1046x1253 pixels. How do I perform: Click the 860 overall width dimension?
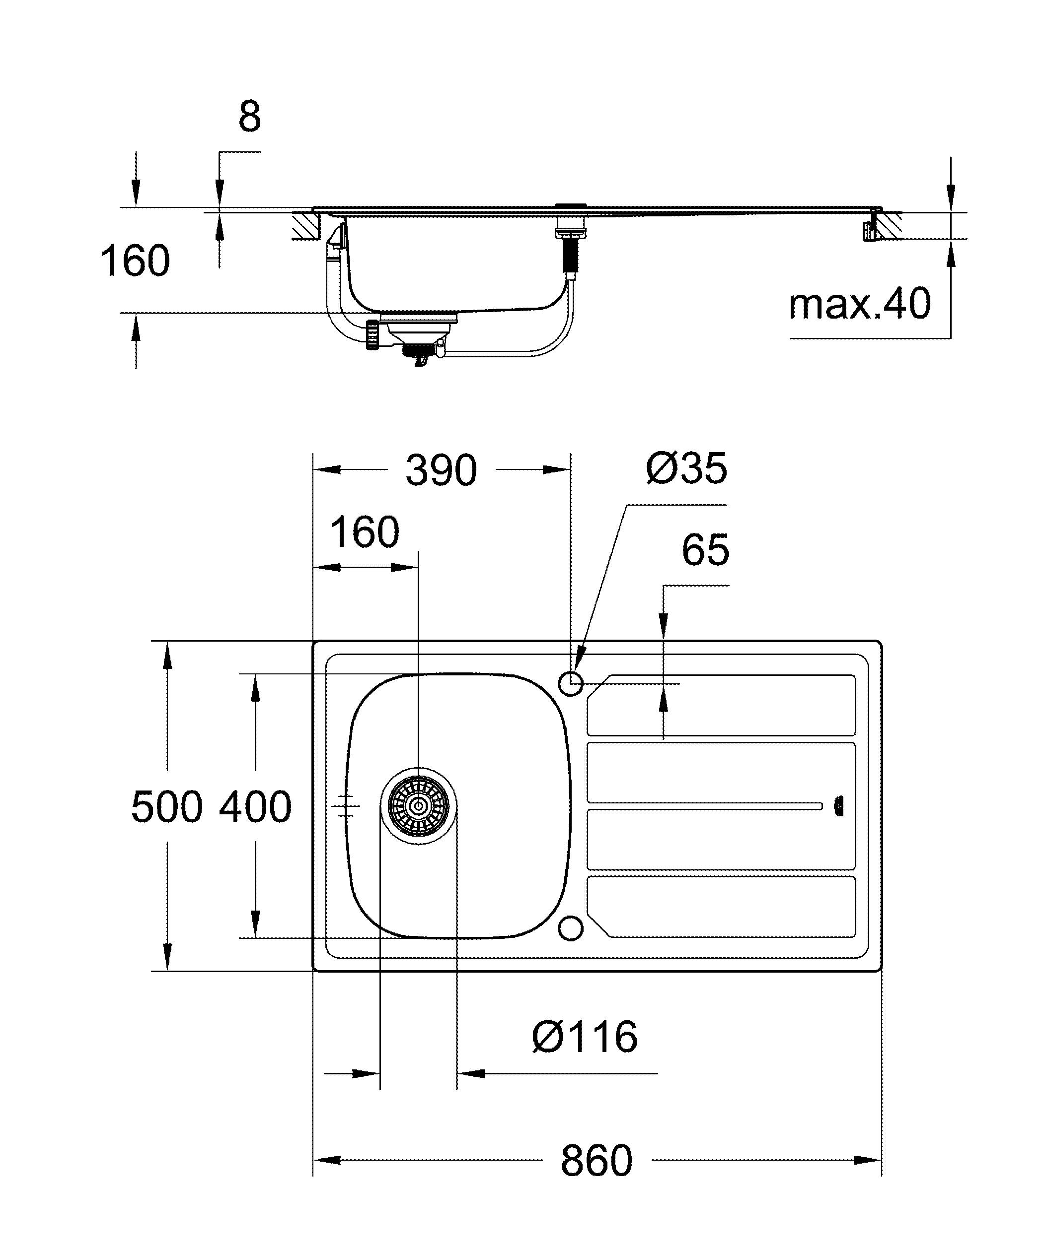pos(596,1161)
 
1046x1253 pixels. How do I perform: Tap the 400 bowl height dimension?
pos(255,807)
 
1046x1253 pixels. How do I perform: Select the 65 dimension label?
pos(705,549)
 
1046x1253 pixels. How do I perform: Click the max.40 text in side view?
pos(859,304)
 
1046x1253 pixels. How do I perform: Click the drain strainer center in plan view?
pos(419,805)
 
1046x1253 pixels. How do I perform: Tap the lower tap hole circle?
pos(571,928)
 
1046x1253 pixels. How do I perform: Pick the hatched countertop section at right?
pos(890,225)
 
